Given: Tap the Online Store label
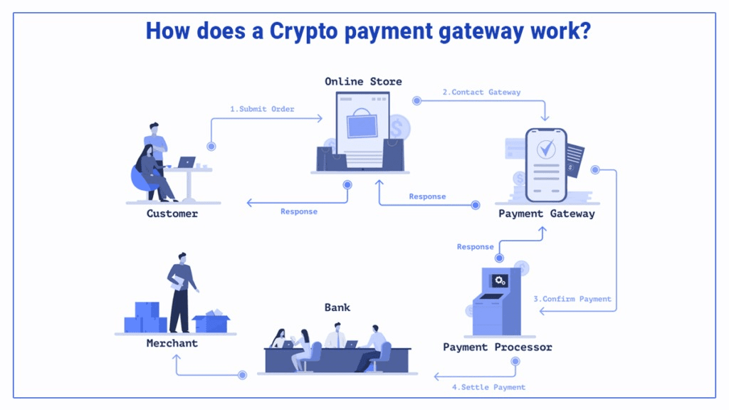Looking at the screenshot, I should [363, 81].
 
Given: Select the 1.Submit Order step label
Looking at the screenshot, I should [262, 109].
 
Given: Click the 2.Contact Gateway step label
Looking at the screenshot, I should [481, 92].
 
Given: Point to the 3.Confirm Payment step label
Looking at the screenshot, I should [572, 299].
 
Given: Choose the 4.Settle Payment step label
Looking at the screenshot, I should [488, 387].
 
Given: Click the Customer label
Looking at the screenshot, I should [172, 214].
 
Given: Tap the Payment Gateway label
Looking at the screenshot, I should [546, 214].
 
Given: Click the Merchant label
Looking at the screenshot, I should [172, 343].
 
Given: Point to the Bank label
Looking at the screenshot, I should [337, 307].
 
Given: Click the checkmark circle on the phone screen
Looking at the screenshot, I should [546, 149].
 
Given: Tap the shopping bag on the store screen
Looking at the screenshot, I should [363, 123].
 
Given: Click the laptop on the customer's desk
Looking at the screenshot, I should [187, 162].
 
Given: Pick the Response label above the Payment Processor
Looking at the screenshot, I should [475, 247].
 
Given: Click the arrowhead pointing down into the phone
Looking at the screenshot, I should [545, 118].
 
